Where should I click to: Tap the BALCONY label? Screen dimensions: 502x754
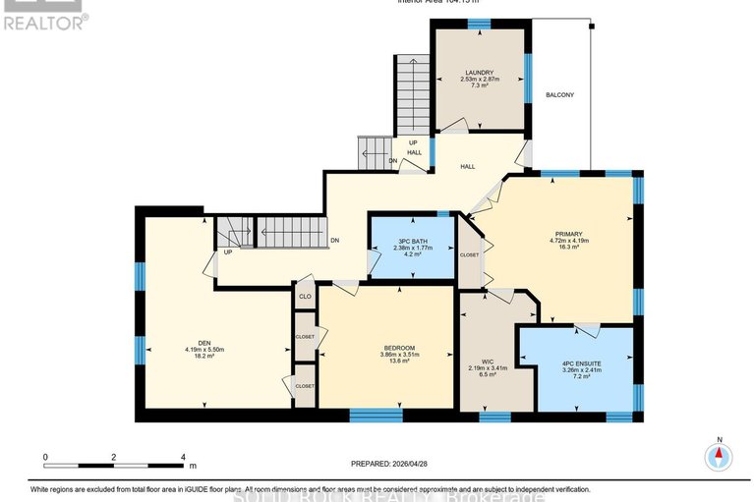(x=559, y=94)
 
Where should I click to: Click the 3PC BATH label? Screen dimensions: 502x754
(x=411, y=242)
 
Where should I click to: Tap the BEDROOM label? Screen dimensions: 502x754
(x=399, y=348)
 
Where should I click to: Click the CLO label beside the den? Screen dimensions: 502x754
(x=305, y=296)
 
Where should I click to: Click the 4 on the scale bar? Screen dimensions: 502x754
(x=184, y=457)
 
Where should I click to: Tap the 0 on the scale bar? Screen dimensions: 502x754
(x=45, y=457)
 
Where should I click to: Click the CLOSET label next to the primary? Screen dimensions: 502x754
(x=470, y=254)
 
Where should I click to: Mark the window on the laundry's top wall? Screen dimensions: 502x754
(x=479, y=24)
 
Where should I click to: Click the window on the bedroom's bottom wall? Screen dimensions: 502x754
(x=377, y=416)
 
